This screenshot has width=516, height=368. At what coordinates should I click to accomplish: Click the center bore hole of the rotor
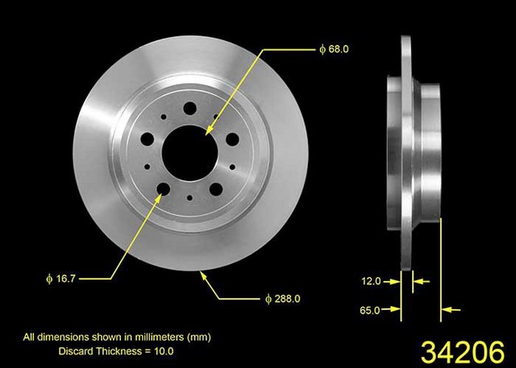coord(190,153)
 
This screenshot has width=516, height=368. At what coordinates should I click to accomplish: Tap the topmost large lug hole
coord(190,108)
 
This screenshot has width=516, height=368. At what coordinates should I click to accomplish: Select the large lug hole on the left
coord(147,139)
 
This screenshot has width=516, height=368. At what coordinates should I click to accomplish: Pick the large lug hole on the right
coord(232,139)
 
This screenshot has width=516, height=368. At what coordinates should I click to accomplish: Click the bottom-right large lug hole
coord(216,189)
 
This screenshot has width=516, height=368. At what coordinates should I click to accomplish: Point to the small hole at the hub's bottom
coord(189,198)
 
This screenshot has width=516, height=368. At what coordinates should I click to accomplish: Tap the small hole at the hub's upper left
coord(164,117)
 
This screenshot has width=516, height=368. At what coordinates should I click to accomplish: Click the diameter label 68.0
coord(334,49)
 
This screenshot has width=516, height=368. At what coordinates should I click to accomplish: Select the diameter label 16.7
coord(61,279)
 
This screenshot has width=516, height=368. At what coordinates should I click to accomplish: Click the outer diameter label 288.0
coord(283,299)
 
